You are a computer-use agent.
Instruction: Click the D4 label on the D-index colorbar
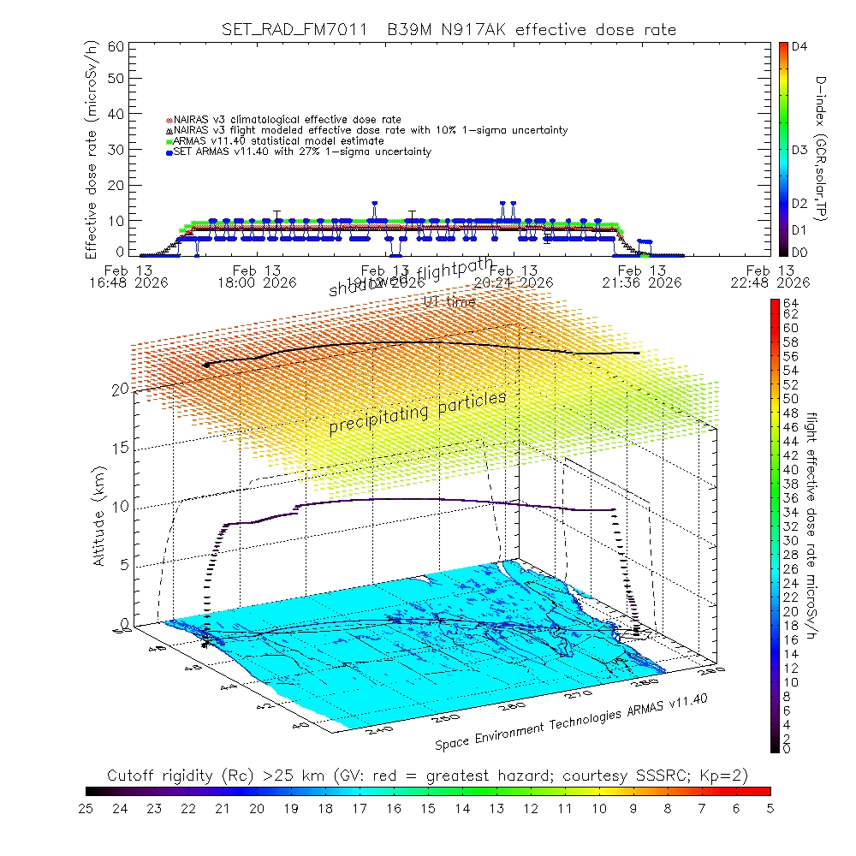[800, 48]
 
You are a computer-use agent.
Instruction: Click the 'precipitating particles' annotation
[418, 414]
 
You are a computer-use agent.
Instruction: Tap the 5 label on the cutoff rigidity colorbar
[769, 808]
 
